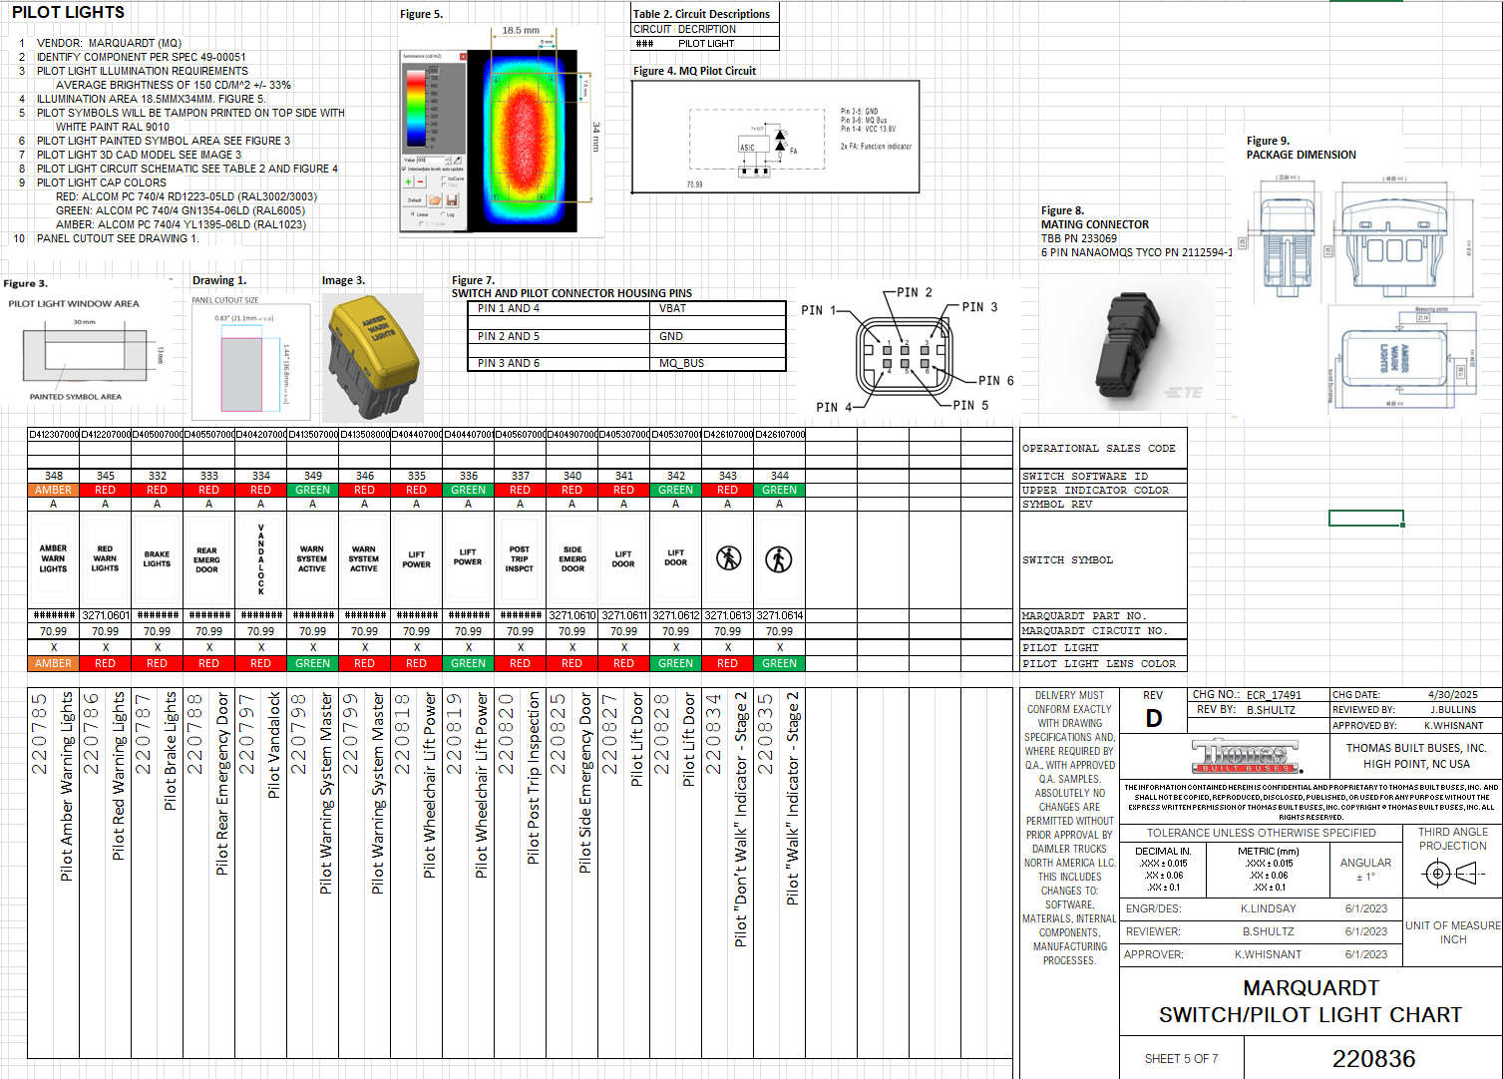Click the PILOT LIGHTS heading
68,13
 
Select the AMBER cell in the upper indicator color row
53,490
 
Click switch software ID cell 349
312,476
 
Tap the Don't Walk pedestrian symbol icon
728,558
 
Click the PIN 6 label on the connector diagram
995,381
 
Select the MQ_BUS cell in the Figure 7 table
681,363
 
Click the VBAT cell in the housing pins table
672,308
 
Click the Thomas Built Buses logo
1246,755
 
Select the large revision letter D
1153,718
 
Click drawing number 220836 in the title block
1373,1058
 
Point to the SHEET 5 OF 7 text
1181,1059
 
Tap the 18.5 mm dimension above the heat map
520,30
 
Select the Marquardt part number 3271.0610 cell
571,615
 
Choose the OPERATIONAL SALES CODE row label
1098,449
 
